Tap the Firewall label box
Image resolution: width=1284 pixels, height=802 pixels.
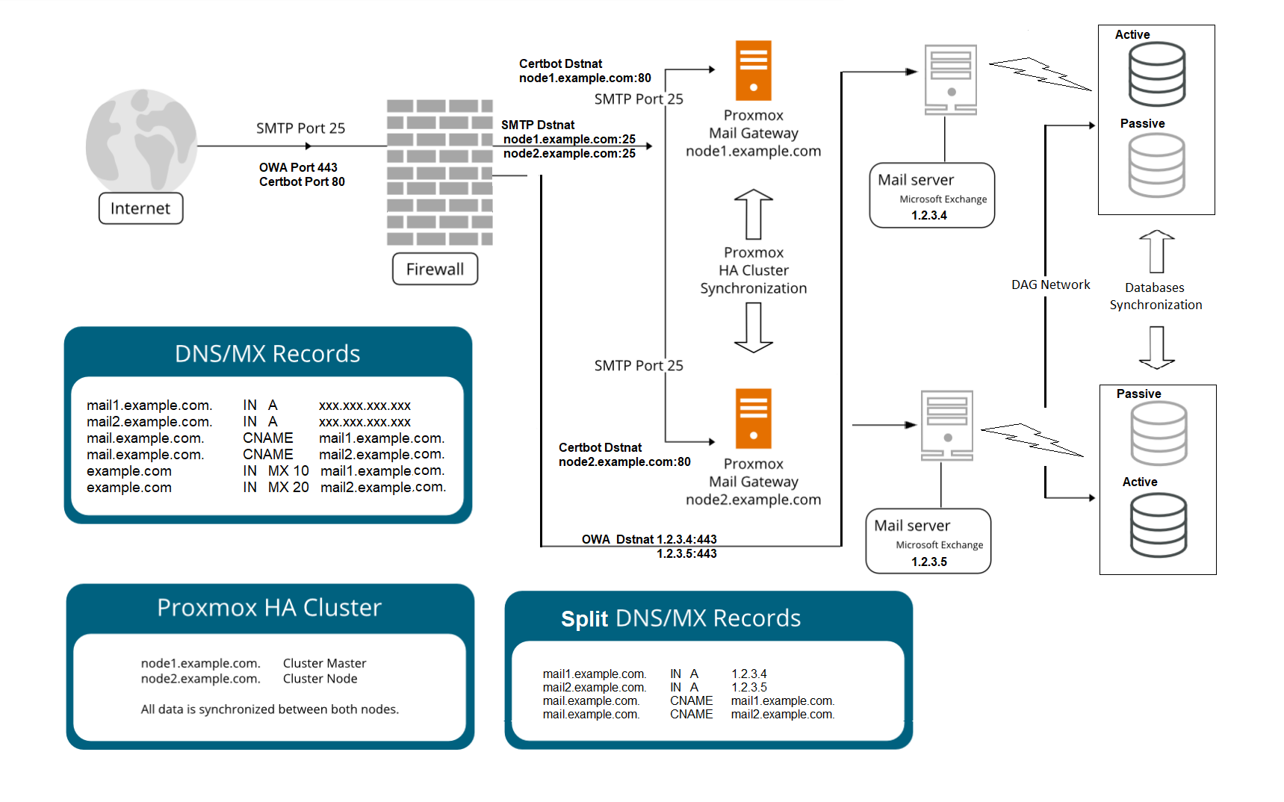tap(435, 269)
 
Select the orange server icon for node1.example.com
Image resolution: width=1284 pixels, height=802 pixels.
tap(753, 70)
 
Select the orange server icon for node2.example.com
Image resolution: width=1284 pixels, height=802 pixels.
tap(753, 418)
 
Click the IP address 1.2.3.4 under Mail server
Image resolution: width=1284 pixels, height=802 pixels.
tap(928, 215)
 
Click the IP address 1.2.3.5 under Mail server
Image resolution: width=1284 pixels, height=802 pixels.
tap(928, 562)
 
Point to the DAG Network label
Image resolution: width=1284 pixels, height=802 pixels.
tap(1050, 285)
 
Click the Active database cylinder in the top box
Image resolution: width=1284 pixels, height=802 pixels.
tap(1156, 74)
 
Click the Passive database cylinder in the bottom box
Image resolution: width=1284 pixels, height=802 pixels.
tap(1159, 434)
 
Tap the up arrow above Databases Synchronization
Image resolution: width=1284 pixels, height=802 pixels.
tap(1156, 251)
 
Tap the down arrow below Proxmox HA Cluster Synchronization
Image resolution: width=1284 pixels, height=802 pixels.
tap(753, 328)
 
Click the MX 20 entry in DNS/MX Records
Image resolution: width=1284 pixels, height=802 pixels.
tap(288, 488)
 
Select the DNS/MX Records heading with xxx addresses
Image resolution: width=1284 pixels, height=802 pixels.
tap(267, 353)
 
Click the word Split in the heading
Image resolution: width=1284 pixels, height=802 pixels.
tap(584, 619)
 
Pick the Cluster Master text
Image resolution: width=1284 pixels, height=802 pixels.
tap(324, 663)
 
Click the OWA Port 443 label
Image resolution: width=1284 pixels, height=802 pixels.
tap(298, 167)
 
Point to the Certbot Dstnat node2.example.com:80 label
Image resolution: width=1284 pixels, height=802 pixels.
tap(624, 455)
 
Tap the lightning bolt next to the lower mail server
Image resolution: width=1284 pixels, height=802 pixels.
tap(1032, 440)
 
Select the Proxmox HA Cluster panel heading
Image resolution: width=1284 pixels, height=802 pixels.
tap(269, 608)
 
